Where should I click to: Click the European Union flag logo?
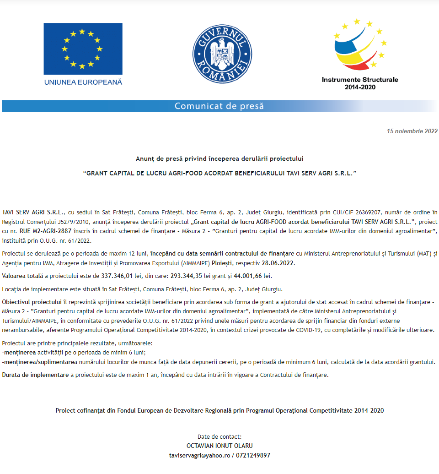click(x=83, y=49)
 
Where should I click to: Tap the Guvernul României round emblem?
click(x=219, y=54)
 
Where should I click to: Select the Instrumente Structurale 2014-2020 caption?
click(x=360, y=83)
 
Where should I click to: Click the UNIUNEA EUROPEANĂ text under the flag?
click(x=83, y=82)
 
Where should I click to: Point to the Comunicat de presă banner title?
click(x=219, y=106)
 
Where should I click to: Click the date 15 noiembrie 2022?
click(x=412, y=131)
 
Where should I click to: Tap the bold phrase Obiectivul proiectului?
click(x=32, y=302)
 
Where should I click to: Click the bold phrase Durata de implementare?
click(x=35, y=375)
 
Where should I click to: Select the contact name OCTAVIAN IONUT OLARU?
click(x=219, y=446)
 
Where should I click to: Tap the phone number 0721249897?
click(x=252, y=455)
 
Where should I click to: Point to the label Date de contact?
click(x=219, y=436)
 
